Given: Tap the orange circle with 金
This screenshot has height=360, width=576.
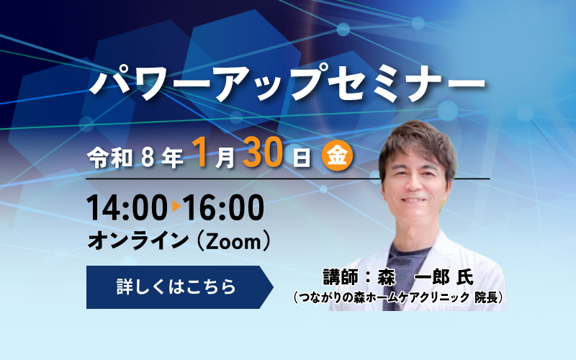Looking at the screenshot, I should coord(337,156).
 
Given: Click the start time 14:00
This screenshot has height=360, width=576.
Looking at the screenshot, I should coord(127,208).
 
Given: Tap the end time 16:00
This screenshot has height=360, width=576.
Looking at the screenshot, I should coord(224,208).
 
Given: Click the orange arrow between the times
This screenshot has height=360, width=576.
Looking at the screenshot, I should coord(176,208).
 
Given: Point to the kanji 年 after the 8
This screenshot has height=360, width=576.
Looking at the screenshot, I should coord(172,156).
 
